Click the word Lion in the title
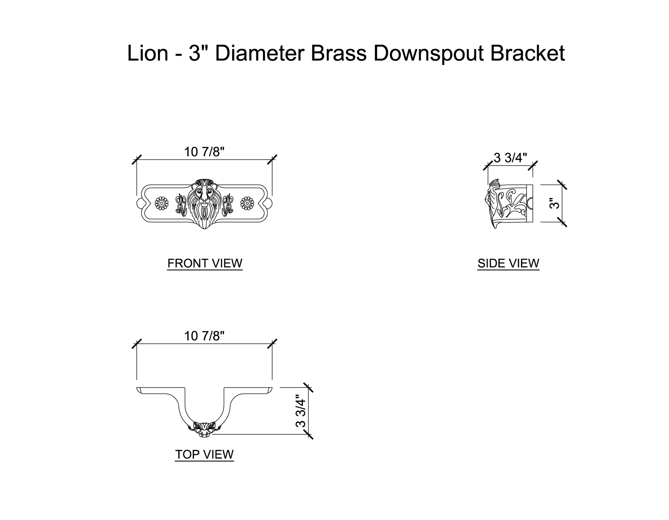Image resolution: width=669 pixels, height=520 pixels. pos(147,53)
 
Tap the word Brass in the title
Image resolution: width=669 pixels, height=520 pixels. pos(338,53)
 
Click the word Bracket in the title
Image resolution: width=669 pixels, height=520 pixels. pos(528,53)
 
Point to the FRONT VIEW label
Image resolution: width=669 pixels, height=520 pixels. pos(205,263)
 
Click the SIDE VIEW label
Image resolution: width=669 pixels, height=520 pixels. pos(508,263)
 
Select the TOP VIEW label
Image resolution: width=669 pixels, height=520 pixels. pos(204,454)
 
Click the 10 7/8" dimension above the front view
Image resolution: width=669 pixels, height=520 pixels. pos(204,152)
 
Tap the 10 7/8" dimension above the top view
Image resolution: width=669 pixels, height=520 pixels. pos(204,336)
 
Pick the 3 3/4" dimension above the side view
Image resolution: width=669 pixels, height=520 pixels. pos(510,158)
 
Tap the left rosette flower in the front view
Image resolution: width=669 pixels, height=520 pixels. pos(162,203)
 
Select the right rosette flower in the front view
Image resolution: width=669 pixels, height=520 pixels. pos(247,203)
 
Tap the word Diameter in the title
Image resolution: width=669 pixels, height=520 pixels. pos(260,53)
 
